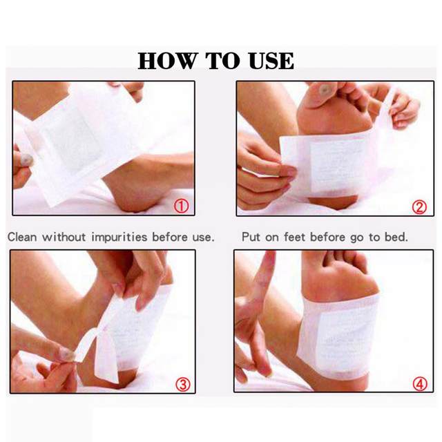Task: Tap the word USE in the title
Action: tap(271, 61)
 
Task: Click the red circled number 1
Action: tap(181, 206)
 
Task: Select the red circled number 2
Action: tap(419, 207)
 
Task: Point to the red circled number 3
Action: tap(183, 385)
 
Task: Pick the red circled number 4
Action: tap(420, 384)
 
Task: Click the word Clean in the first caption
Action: tap(22, 237)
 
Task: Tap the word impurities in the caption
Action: tap(119, 238)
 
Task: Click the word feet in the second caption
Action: tap(295, 237)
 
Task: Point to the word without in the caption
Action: tap(64, 237)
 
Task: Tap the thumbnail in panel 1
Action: tap(26, 160)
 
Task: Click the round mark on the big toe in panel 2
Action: tap(325, 90)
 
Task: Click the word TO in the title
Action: tap(222, 61)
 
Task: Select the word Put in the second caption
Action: tap(251, 237)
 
